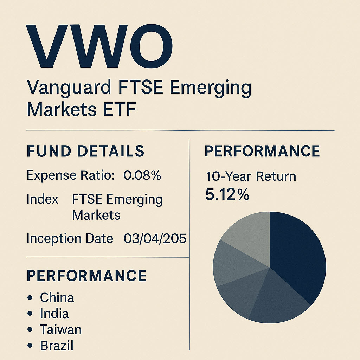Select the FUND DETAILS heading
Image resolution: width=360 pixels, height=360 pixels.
click(x=85, y=151)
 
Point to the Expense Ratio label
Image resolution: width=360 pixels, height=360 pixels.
click(x=71, y=175)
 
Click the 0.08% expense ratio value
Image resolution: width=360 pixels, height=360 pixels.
click(x=142, y=175)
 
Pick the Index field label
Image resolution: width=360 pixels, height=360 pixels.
click(x=42, y=200)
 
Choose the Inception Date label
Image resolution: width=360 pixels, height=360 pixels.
click(x=70, y=239)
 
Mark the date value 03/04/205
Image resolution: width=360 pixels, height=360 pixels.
click(x=155, y=239)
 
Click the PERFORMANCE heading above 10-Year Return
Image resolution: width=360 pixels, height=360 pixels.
click(x=262, y=151)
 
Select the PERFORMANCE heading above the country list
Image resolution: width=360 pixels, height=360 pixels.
click(x=86, y=276)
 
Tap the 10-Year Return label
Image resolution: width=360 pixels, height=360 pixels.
click(x=251, y=176)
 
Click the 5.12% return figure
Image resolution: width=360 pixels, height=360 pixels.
click(x=227, y=194)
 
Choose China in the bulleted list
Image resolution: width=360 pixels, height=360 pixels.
click(x=57, y=298)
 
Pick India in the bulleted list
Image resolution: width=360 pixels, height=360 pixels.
click(x=54, y=314)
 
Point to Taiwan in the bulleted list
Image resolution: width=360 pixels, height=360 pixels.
click(x=60, y=329)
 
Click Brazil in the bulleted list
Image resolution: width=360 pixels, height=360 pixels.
click(x=57, y=345)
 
